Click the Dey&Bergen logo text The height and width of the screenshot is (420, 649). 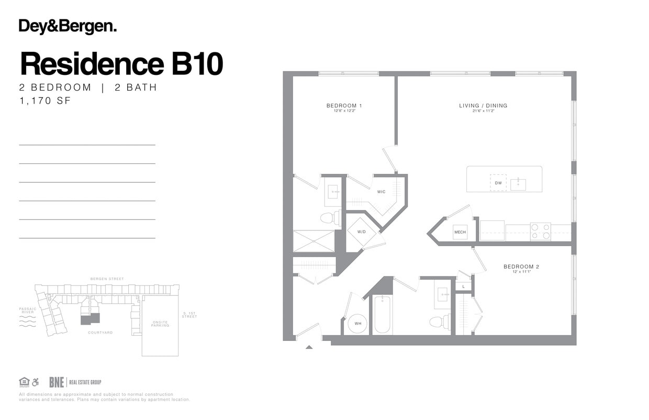click(68, 27)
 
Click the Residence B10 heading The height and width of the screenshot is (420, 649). click(121, 64)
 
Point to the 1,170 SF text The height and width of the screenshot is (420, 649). click(44, 101)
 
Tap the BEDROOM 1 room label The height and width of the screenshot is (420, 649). click(344, 106)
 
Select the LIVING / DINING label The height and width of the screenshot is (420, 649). click(483, 106)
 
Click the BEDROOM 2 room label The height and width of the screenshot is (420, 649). click(521, 267)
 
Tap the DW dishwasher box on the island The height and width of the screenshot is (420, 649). click(498, 183)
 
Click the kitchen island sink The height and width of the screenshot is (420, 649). click(518, 184)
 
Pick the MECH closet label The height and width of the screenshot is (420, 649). click(460, 232)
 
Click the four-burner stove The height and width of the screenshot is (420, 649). click(540, 231)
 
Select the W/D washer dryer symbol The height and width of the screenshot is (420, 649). click(362, 231)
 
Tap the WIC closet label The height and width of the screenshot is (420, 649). click(382, 192)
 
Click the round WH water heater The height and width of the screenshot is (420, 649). click(358, 324)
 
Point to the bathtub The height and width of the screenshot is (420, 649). click(383, 314)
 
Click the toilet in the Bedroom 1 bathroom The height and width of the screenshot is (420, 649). click(328, 218)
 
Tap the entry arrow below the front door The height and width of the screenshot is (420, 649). click(309, 346)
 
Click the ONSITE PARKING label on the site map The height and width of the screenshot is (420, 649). click(160, 324)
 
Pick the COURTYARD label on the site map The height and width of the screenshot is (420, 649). click(100, 333)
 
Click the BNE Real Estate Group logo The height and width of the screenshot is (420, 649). click(75, 382)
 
